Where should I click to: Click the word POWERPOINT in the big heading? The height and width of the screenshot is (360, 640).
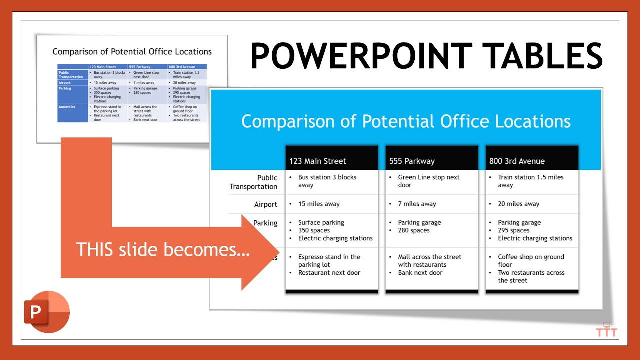(361, 56)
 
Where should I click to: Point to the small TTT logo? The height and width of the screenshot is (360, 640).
(607, 331)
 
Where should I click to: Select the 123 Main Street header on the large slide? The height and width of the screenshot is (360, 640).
(317, 161)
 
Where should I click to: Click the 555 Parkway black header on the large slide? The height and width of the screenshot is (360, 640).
(412, 161)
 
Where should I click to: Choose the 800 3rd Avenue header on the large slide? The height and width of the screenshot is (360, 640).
(517, 161)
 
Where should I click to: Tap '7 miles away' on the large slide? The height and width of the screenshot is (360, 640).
(417, 204)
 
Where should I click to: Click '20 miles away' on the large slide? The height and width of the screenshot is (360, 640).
(518, 204)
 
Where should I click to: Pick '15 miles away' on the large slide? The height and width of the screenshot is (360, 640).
(319, 204)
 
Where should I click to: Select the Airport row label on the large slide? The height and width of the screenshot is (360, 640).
(265, 204)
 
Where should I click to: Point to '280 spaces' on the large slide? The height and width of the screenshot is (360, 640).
(414, 230)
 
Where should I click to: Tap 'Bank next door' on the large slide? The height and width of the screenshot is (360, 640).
(420, 273)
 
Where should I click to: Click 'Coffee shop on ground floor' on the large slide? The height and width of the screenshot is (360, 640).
(530, 261)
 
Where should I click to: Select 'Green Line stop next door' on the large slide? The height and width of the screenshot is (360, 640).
(428, 181)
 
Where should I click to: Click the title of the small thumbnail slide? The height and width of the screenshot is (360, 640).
(132, 52)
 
